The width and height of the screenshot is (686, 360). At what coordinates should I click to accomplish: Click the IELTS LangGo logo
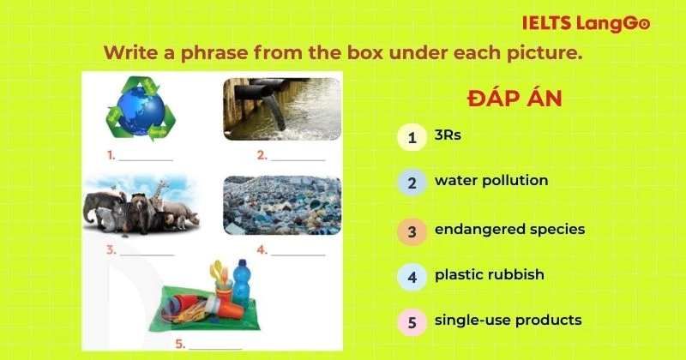click(x=586, y=23)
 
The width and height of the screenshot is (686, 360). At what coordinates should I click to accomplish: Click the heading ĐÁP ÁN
click(x=514, y=99)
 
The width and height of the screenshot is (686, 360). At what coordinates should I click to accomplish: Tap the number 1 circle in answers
click(x=412, y=136)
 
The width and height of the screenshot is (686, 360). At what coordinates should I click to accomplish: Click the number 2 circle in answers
click(x=412, y=183)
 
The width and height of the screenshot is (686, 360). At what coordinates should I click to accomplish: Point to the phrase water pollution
click(x=490, y=181)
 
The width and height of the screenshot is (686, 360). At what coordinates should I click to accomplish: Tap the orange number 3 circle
click(x=412, y=231)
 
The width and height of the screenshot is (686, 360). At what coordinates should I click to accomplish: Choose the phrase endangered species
click(x=509, y=229)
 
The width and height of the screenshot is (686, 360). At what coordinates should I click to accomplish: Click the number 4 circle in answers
click(x=412, y=277)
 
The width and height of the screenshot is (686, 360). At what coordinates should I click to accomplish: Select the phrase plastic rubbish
click(x=489, y=275)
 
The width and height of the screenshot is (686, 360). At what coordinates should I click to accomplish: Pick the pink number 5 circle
click(x=412, y=323)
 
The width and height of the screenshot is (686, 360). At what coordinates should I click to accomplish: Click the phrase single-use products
click(x=508, y=321)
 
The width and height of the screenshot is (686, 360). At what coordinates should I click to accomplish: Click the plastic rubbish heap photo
click(x=282, y=206)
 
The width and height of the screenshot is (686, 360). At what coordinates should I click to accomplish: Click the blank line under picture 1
click(x=146, y=158)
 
